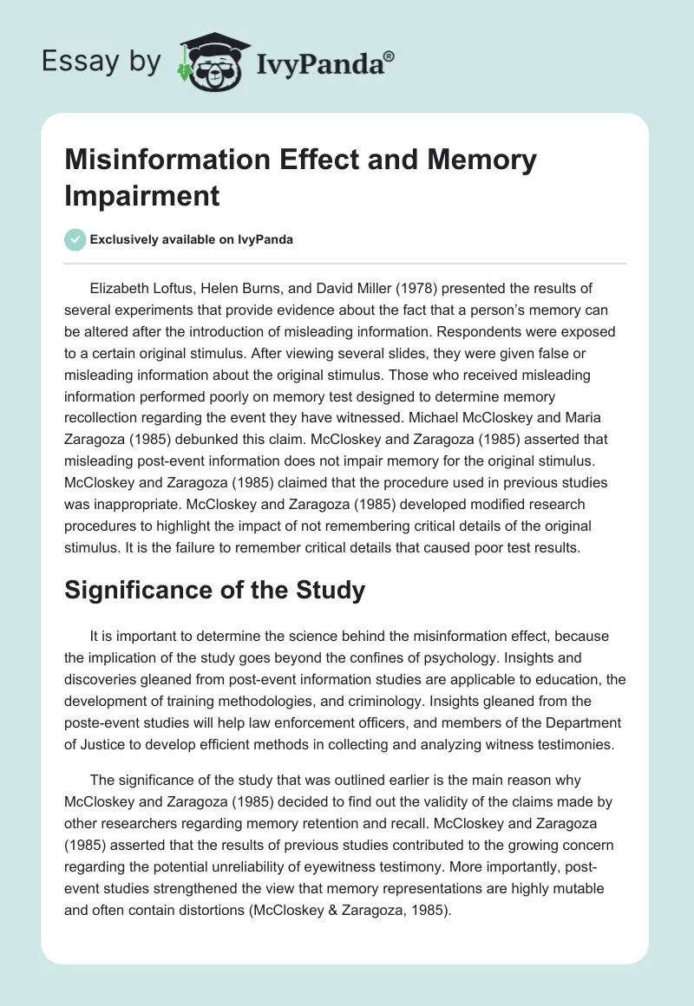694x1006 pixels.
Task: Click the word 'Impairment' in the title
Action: (143, 195)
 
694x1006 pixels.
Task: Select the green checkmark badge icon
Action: (75, 239)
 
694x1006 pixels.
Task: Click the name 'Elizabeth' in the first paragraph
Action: (122, 288)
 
